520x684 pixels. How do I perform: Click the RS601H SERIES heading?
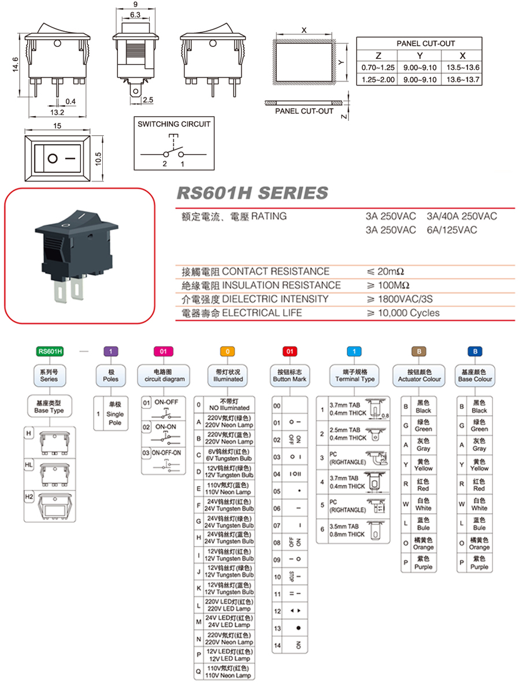tap(251, 193)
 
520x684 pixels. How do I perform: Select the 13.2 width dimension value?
tap(57, 112)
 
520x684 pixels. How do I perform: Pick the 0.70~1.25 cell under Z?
tap(378, 68)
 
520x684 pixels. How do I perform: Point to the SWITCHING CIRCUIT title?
tap(174, 124)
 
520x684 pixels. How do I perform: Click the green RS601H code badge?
tap(49, 351)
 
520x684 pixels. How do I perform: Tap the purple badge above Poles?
tap(110, 351)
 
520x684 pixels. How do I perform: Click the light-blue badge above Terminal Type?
tap(354, 351)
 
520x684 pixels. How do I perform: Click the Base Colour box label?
tap(475, 376)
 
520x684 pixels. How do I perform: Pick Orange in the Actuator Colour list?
tap(424, 544)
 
